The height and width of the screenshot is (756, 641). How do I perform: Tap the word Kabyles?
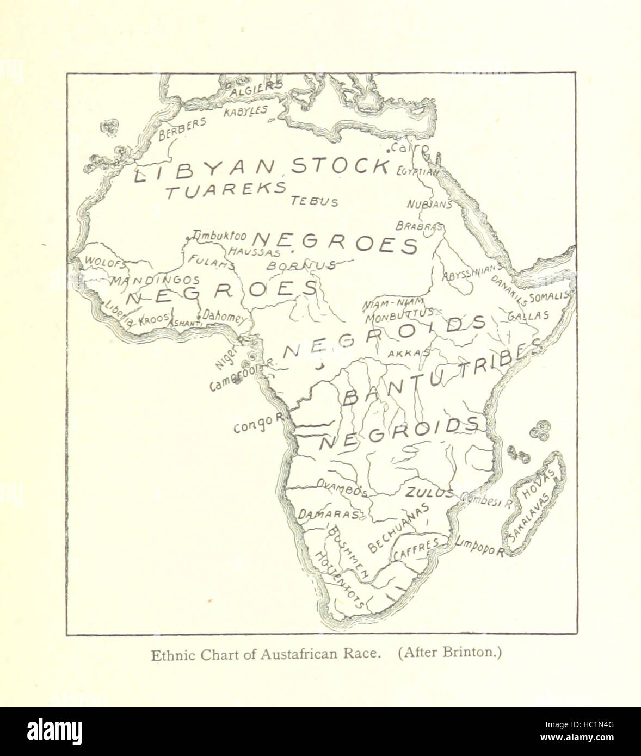pyautogui.click(x=245, y=111)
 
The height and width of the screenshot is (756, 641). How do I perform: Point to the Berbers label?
pyautogui.click(x=182, y=130)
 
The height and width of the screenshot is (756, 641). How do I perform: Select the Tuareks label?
pyautogui.click(x=226, y=189)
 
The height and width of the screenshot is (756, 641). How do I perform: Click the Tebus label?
pyautogui.click(x=315, y=201)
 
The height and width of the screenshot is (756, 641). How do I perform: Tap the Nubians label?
pyautogui.click(x=430, y=205)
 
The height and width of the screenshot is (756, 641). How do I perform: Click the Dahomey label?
pyautogui.click(x=224, y=317)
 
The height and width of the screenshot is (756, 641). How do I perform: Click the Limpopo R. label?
pyautogui.click(x=479, y=546)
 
